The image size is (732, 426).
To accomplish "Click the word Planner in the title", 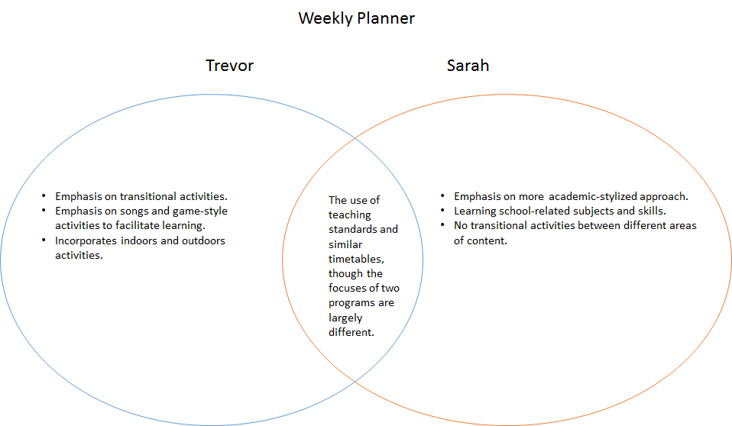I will pos(386,18).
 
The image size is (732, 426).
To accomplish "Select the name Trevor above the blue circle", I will pos(229,66).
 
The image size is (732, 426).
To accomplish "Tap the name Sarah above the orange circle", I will pos(468,66).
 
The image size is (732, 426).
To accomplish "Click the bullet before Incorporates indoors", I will pos(44,240).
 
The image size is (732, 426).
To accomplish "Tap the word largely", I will pos(345,317).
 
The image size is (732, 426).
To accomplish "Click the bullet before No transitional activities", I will pos(443,225).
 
